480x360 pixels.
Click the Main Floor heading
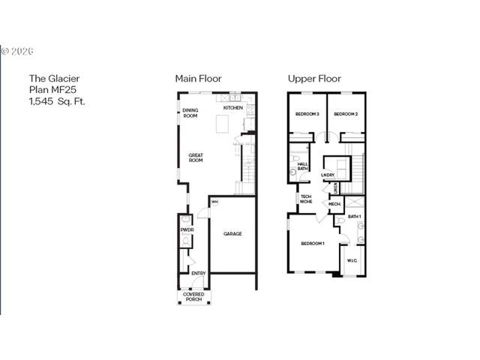(x=198, y=78)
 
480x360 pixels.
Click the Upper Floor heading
(x=314, y=78)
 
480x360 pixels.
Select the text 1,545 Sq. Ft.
(x=57, y=100)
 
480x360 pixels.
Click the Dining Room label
(x=190, y=113)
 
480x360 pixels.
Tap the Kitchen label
(x=232, y=108)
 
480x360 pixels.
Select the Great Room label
(x=196, y=157)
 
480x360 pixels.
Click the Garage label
(x=232, y=234)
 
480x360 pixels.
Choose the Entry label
(x=199, y=273)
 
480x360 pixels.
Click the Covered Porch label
(x=193, y=296)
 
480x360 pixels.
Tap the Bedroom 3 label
(x=307, y=114)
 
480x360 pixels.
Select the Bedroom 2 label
(x=345, y=114)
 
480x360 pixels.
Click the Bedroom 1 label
(x=313, y=243)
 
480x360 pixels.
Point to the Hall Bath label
(x=303, y=166)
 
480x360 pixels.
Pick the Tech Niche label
(x=306, y=199)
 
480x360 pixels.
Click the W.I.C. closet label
(x=352, y=261)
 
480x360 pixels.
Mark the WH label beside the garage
(x=214, y=202)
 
